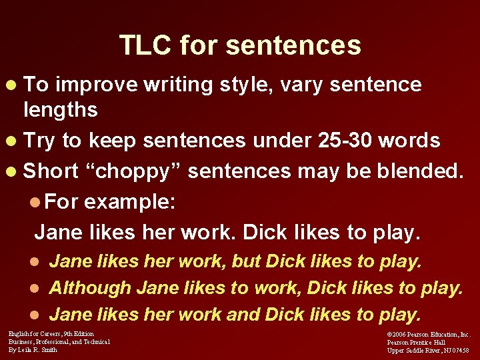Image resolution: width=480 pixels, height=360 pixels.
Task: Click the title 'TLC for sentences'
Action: click(240, 45)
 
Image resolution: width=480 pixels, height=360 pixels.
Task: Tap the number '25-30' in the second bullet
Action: click(351, 141)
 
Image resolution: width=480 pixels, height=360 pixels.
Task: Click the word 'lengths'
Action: click(61, 109)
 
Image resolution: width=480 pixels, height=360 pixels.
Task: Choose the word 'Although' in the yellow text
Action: click(90, 288)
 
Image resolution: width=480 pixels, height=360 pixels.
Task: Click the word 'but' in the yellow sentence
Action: click(246, 261)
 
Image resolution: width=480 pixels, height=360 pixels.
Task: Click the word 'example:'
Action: click(130, 201)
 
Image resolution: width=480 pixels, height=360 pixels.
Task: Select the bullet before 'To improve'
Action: click(15, 86)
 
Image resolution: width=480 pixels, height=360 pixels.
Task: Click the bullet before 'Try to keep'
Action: click(15, 141)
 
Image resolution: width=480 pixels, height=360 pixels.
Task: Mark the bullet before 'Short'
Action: click(15, 172)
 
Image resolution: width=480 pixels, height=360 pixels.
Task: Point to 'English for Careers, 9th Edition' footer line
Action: click(51, 333)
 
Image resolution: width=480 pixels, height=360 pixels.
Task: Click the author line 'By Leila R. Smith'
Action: click(33, 349)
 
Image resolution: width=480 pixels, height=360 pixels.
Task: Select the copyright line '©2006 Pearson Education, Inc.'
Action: click(429, 334)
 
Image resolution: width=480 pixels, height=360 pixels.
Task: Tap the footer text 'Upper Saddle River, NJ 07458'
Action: click(428, 350)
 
